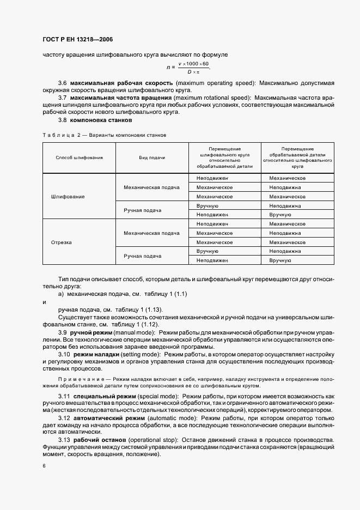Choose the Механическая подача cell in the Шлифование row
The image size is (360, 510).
pyautogui.click(x=151, y=187)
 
